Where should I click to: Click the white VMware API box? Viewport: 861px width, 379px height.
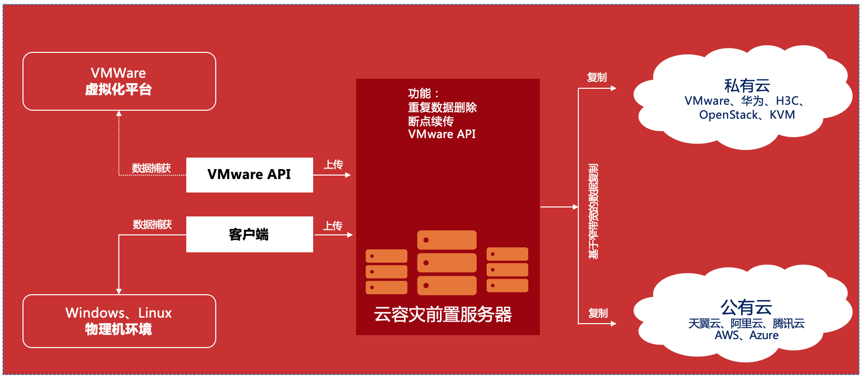point(249,175)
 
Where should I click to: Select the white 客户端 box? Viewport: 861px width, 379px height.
point(249,234)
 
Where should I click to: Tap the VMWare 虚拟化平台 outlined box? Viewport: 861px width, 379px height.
point(119,81)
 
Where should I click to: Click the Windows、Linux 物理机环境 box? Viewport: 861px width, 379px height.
point(119,321)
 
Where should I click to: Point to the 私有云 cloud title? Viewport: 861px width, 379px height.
point(747,86)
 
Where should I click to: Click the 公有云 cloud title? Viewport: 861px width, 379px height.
point(746,307)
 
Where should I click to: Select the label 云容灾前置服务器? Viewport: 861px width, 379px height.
point(443,315)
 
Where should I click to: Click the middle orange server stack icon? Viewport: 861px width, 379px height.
point(446,262)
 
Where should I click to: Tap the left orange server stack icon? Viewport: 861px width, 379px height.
point(386,271)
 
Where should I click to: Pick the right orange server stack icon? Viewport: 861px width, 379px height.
point(507,270)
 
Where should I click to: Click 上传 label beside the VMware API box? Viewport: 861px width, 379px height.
point(333,165)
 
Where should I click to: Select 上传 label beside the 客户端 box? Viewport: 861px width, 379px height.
point(333,226)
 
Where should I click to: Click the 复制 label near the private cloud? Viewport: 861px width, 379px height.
point(597,77)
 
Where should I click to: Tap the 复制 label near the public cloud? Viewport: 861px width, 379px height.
point(598,313)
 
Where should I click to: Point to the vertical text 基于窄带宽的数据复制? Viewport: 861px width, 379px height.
point(593,211)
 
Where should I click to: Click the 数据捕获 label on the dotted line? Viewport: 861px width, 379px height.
point(151,168)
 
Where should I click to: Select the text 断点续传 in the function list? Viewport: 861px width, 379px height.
point(430,121)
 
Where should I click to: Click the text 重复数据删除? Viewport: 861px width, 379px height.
point(442,107)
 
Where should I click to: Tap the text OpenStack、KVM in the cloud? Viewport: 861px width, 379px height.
point(747,115)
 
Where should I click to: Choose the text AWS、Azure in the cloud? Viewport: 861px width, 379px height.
point(746,335)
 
